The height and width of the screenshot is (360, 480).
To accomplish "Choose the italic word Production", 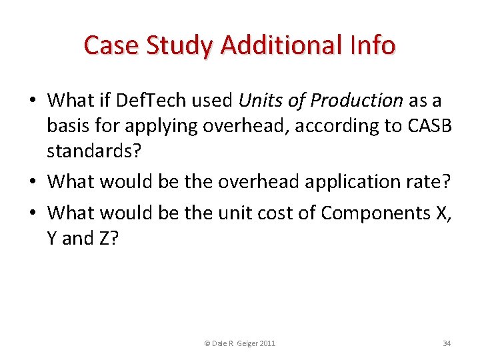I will click(x=357, y=101).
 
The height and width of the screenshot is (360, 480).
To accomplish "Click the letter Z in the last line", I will click(x=105, y=238).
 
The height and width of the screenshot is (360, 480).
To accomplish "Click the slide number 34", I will click(x=447, y=343).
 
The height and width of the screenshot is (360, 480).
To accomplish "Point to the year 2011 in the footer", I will click(x=267, y=343).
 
